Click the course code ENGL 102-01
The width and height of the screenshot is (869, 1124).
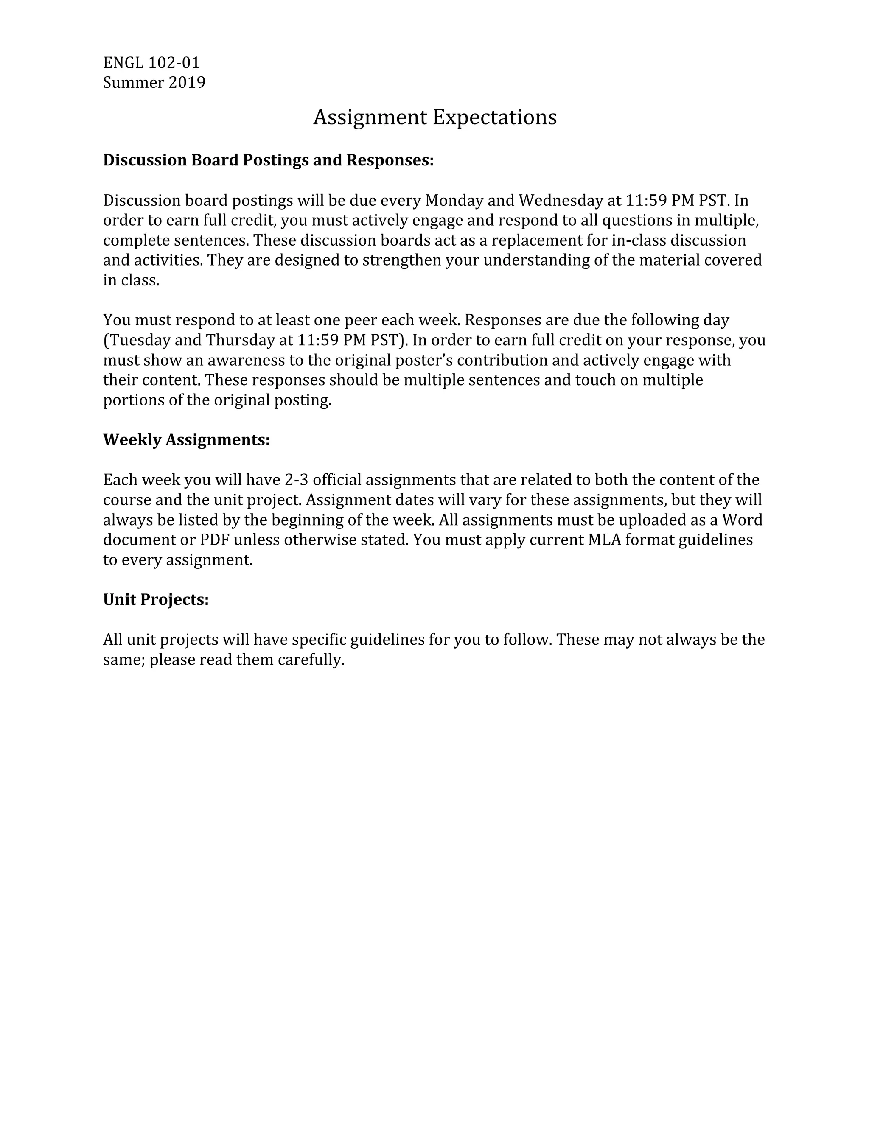pyautogui.click(x=151, y=63)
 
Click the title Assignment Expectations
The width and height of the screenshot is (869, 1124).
pyautogui.click(x=434, y=117)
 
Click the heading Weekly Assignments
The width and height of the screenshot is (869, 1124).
pyautogui.click(x=186, y=440)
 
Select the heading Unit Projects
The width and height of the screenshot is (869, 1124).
pyautogui.click(x=155, y=600)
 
